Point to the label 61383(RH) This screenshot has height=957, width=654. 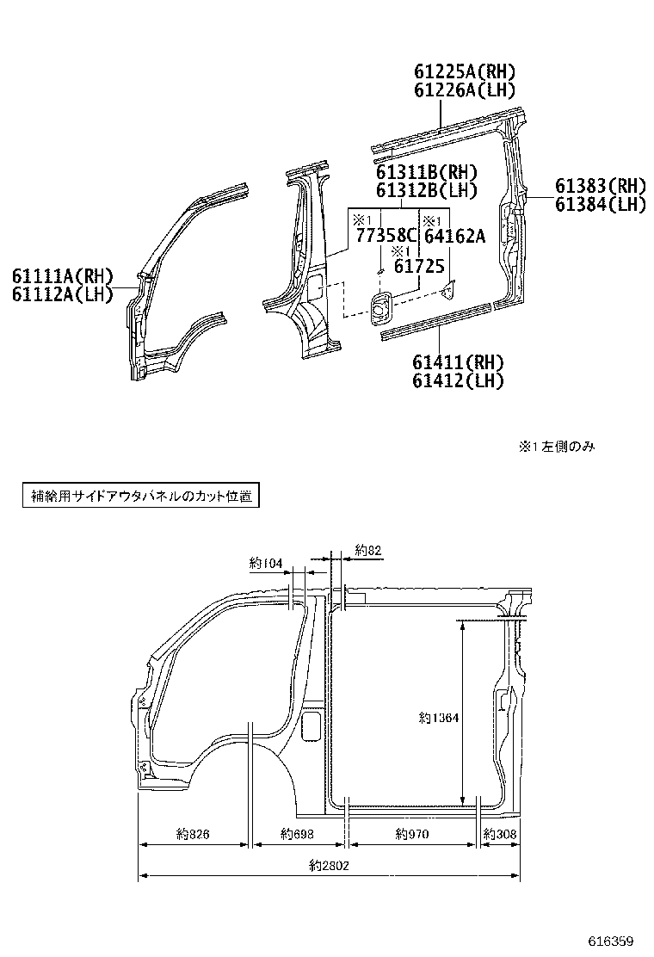tap(600, 186)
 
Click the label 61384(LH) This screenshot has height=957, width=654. tap(600, 204)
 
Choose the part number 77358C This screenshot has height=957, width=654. tap(386, 235)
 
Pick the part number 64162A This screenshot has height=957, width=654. tap(455, 235)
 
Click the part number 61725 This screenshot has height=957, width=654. tap(419, 267)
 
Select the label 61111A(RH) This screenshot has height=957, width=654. tap(63, 276)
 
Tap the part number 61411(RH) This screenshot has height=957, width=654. tap(458, 361)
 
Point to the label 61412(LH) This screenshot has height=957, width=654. tap(458, 380)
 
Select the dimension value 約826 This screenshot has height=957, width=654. tap(194, 833)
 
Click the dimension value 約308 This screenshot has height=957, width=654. tap(500, 833)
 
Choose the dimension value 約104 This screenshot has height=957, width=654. tap(266, 563)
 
